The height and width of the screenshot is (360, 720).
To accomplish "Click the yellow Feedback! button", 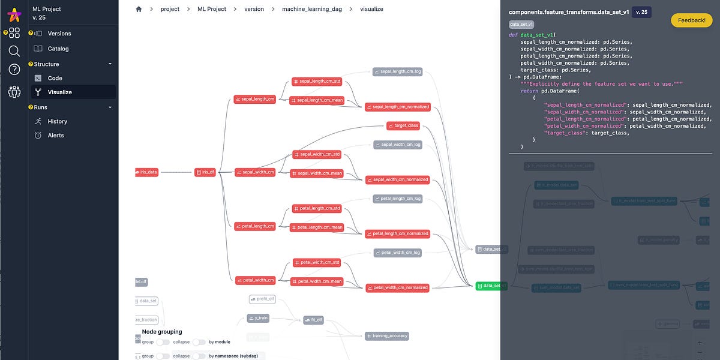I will (691, 20).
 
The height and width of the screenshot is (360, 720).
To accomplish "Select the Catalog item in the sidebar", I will (58, 49).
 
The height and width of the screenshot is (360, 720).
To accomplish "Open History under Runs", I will (58, 121).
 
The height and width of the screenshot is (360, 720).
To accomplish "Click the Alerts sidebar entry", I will (56, 136).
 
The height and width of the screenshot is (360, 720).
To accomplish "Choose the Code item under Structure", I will (55, 78).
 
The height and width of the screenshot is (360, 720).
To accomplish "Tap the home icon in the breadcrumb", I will (139, 9).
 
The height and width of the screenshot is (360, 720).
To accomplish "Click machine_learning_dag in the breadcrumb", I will (312, 9).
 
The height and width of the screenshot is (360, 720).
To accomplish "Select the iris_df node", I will (205, 172).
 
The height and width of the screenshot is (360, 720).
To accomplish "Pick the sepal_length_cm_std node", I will (316, 81).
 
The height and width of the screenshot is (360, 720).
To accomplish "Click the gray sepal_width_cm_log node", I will (397, 145).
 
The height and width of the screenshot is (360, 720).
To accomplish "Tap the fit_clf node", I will (313, 320).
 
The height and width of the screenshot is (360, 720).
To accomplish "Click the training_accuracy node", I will (386, 336).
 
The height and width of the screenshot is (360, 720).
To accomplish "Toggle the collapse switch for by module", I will (199, 342).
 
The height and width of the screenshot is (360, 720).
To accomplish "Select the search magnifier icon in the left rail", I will (14, 51).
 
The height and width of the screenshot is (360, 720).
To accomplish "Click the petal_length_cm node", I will (255, 226).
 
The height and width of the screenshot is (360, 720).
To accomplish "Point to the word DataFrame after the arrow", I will (544, 77).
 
